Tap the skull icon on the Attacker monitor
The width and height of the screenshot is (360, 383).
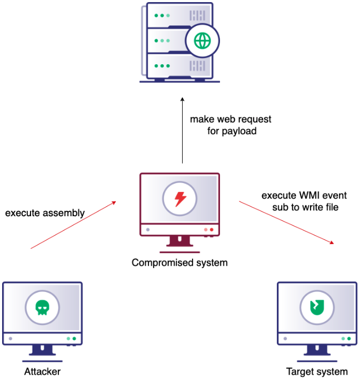click(x=42, y=308)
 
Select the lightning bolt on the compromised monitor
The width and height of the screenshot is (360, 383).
click(x=180, y=199)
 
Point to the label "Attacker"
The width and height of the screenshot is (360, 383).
click(x=42, y=372)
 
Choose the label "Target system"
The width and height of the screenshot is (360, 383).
click(x=317, y=372)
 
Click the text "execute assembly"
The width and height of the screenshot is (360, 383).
click(x=45, y=213)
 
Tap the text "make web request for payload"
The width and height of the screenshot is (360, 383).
click(x=231, y=125)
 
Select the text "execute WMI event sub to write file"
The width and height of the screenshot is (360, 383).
click(x=304, y=201)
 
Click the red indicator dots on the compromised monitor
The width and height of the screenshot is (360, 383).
click(x=209, y=229)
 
